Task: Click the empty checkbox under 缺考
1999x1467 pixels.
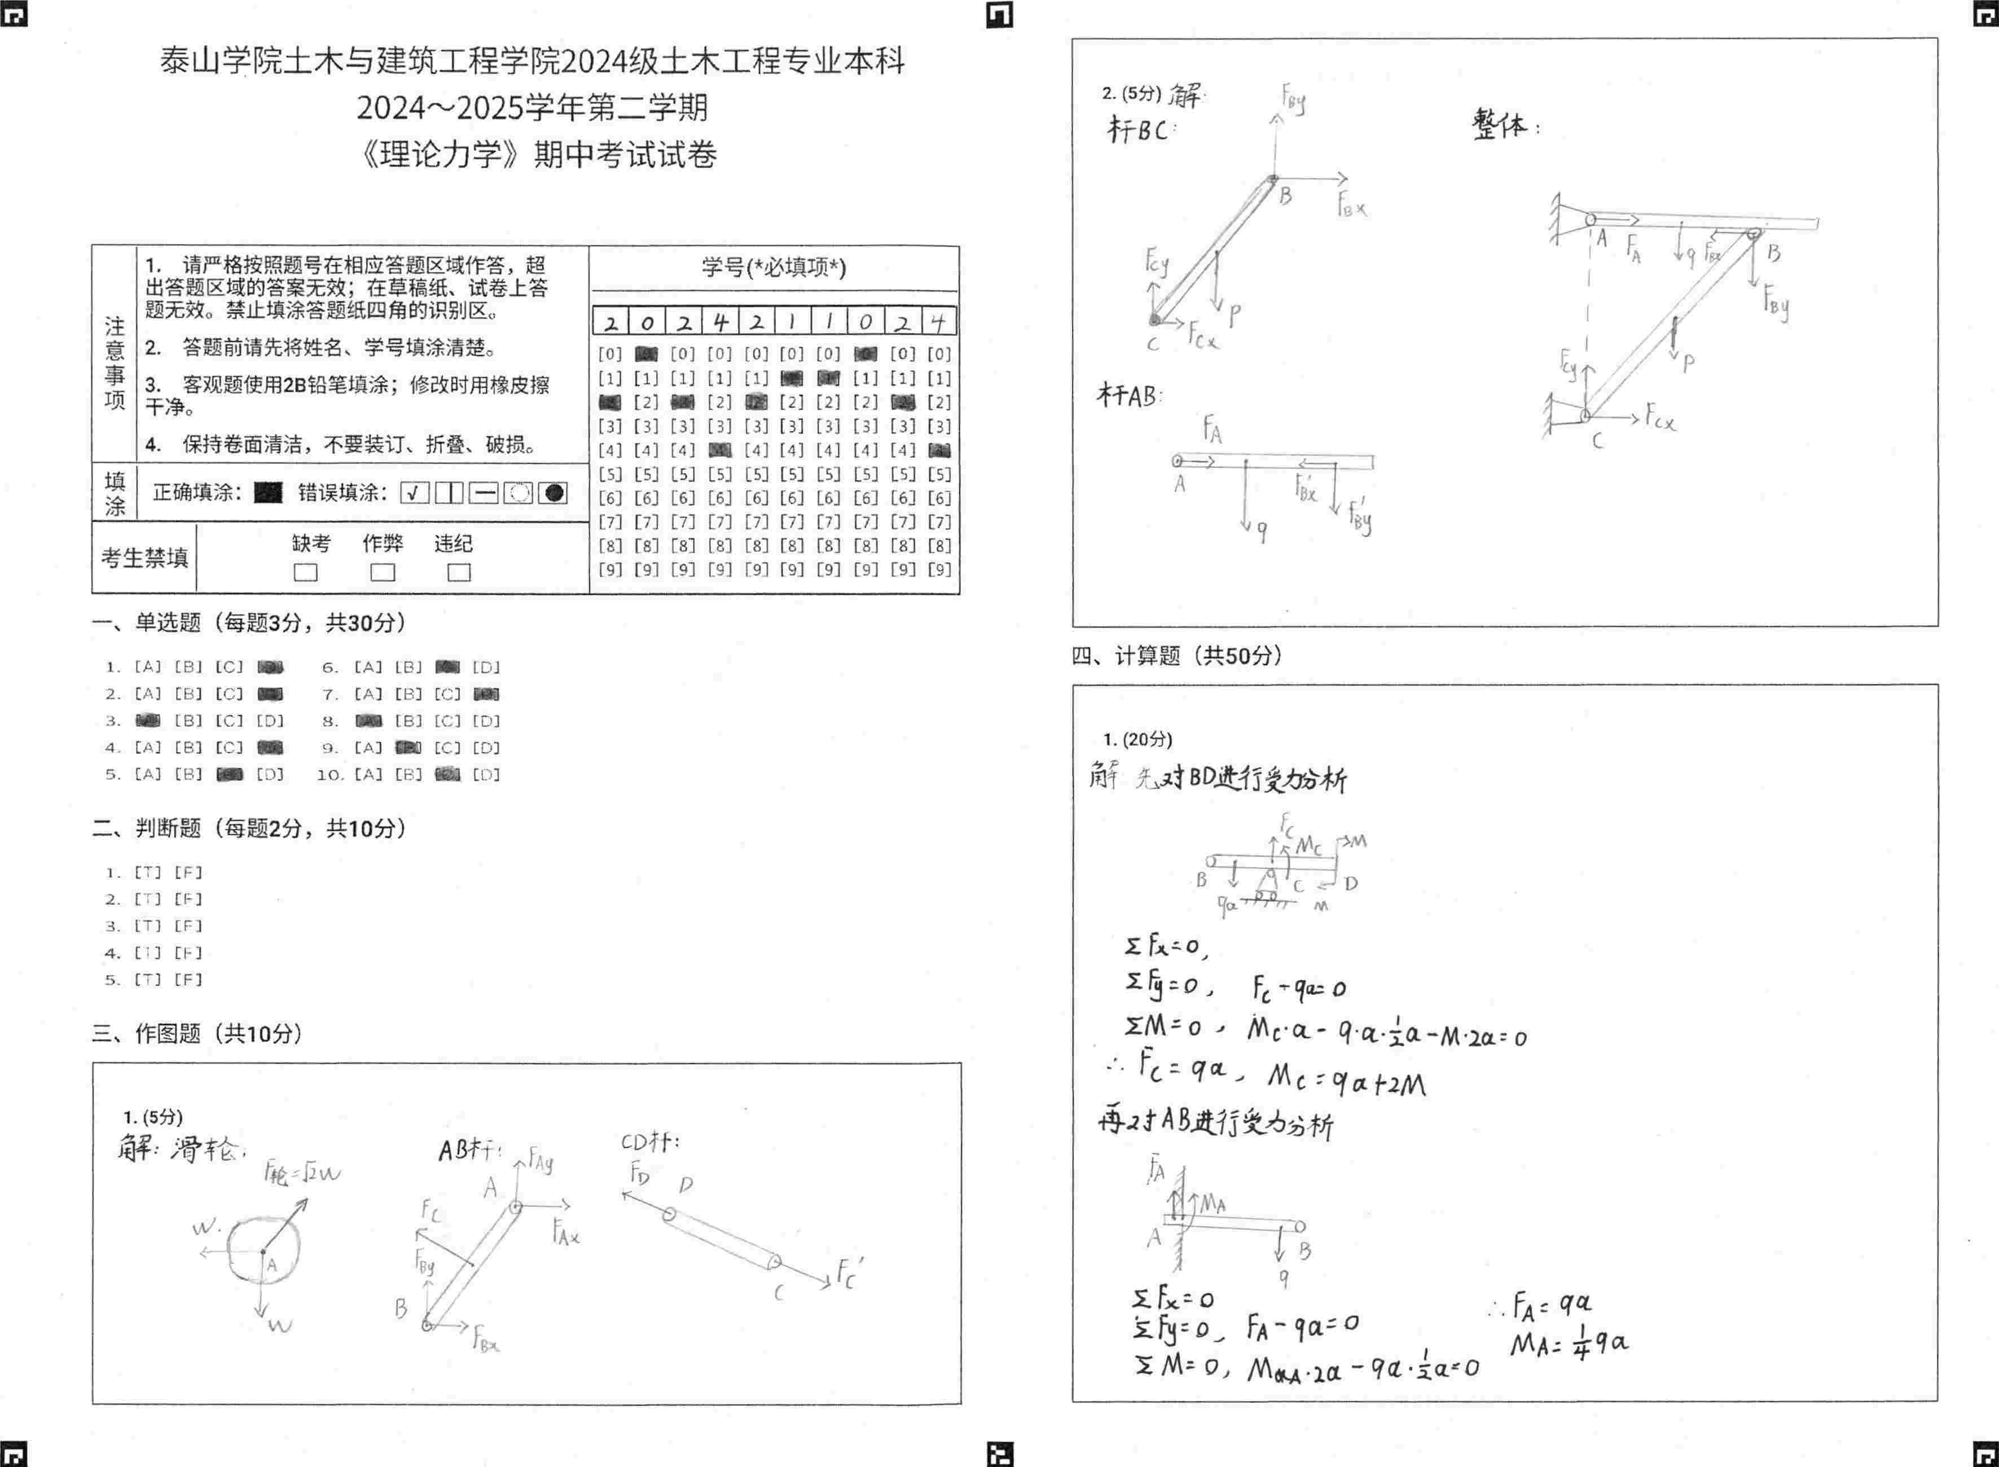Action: coord(305,572)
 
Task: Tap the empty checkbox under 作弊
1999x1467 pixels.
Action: coord(383,572)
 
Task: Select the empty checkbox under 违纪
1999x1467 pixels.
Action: coord(458,572)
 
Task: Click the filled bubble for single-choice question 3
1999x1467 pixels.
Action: coord(147,720)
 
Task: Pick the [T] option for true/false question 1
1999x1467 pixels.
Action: coord(147,872)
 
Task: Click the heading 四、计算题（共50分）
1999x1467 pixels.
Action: coord(1177,656)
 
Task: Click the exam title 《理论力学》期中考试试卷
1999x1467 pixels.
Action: coord(537,155)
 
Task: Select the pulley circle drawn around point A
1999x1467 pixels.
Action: coord(263,1249)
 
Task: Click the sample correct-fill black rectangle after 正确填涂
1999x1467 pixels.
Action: coord(268,493)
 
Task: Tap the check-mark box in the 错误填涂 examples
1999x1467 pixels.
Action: coord(414,493)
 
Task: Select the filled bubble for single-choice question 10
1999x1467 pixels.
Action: coord(447,774)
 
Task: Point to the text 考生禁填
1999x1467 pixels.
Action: coord(144,557)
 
